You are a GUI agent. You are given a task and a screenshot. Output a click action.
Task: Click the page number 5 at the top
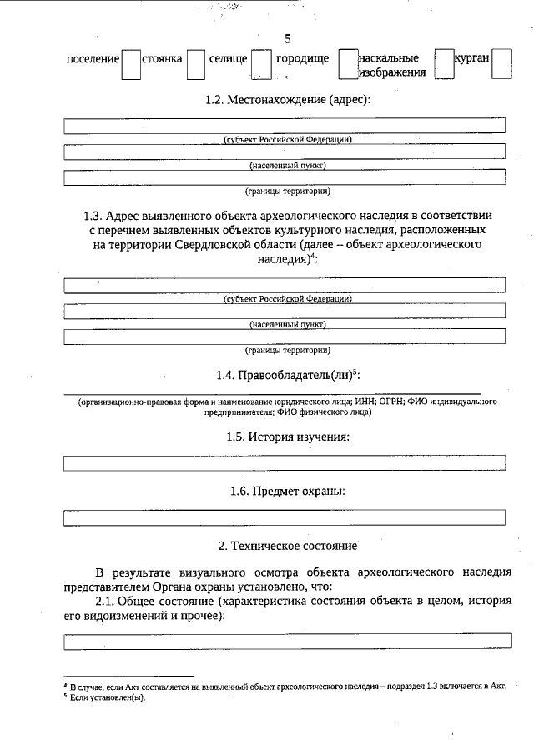288,39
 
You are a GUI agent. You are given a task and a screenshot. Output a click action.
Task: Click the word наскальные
388,59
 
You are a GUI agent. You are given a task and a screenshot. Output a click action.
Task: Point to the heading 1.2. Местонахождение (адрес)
288,100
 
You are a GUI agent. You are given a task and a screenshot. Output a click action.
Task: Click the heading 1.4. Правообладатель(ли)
288,376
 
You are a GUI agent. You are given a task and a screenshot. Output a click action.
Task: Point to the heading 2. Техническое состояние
288,546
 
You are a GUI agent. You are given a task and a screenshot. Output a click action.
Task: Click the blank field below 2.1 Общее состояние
288,641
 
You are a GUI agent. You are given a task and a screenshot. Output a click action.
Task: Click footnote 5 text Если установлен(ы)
108,697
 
